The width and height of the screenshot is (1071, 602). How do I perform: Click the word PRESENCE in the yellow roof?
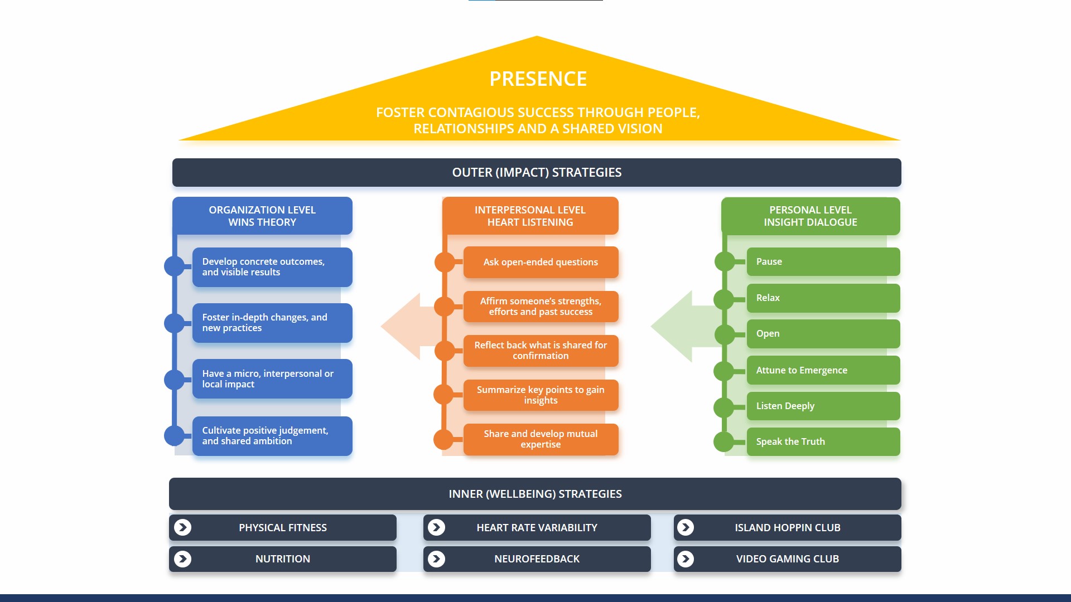pyautogui.click(x=538, y=79)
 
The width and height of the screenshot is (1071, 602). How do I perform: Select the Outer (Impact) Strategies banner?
pyautogui.click(x=537, y=172)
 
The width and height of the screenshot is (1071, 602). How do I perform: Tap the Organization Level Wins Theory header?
pyautogui.click(x=262, y=216)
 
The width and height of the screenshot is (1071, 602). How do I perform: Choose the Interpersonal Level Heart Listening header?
pyautogui.click(x=530, y=216)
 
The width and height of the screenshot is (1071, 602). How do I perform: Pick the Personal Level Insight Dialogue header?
pyautogui.click(x=810, y=216)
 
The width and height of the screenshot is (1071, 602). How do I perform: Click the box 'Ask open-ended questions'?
pyautogui.click(x=541, y=262)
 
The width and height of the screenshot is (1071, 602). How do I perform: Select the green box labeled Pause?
pyautogui.click(x=823, y=261)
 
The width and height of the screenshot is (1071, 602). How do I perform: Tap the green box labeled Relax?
pyautogui.click(x=823, y=298)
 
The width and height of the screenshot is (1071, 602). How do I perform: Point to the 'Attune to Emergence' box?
pyautogui.click(x=823, y=370)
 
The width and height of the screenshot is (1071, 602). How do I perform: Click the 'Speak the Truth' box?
pyautogui.click(x=823, y=441)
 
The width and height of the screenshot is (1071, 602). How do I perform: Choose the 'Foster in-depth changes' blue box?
pyautogui.click(x=272, y=323)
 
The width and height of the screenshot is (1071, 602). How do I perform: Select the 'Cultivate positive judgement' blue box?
pyautogui.click(x=272, y=436)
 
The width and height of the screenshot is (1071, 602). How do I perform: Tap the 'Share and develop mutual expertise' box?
pyautogui.click(x=541, y=439)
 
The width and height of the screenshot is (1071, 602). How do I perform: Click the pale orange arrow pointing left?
pyautogui.click(x=404, y=327)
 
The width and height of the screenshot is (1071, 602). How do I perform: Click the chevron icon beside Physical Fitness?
pyautogui.click(x=182, y=527)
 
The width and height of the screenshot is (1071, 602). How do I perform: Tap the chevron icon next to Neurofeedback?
pyautogui.click(x=436, y=559)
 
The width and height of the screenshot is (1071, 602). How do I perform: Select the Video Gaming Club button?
pyautogui.click(x=787, y=559)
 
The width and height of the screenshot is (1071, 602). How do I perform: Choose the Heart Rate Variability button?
pyautogui.click(x=537, y=527)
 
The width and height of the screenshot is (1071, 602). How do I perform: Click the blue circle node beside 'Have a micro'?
pyautogui.click(x=174, y=380)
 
